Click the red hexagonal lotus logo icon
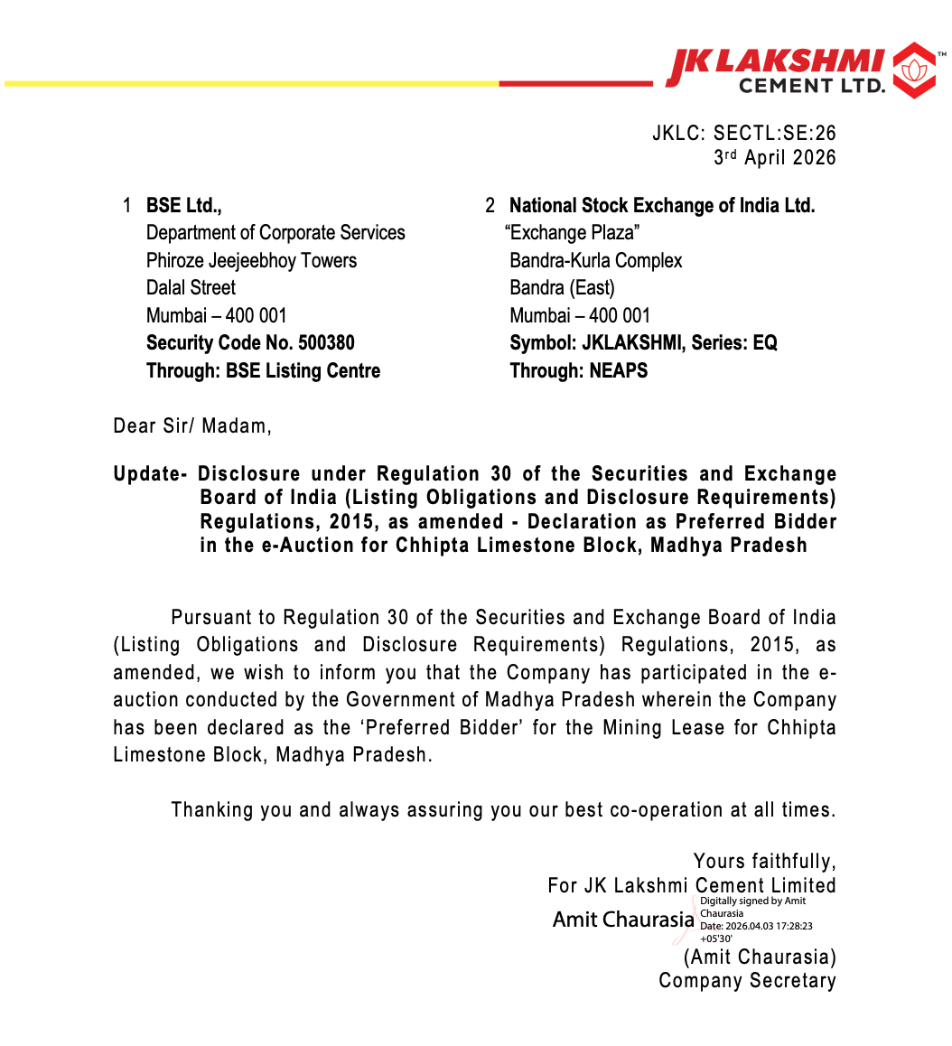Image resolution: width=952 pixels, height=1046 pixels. coord(914,70)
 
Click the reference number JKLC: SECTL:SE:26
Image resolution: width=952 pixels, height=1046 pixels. coord(743,134)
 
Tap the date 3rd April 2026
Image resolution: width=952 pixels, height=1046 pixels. coord(775,157)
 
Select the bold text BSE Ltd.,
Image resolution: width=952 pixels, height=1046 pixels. coord(184,206)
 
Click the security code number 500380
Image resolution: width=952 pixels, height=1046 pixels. coord(326,343)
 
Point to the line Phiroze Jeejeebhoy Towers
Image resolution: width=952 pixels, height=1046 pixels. coord(251,261)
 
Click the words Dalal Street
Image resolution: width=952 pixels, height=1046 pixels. coord(191,288)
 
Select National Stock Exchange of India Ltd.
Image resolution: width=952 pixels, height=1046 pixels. coord(662,206)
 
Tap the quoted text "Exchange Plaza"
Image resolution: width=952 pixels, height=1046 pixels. coord(573,233)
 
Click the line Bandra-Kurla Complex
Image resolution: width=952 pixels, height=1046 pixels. coord(596,261)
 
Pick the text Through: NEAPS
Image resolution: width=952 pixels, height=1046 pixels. coord(579,370)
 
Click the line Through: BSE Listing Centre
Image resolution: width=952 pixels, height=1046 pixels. coord(263,370)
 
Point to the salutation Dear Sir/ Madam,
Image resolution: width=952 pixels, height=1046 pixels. coord(192,425)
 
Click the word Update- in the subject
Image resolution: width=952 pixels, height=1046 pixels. coord(150,474)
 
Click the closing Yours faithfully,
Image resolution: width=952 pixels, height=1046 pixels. coord(764,861)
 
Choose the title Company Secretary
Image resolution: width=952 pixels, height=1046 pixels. coord(747,981)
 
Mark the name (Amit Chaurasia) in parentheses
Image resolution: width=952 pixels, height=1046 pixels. coord(760,957)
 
